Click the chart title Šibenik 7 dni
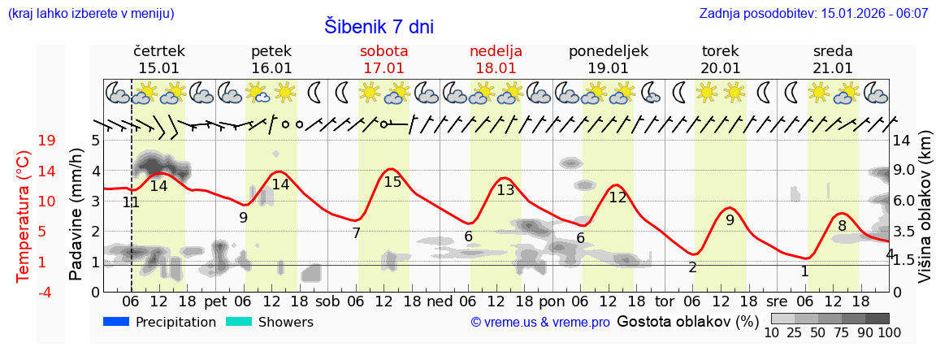coord(379,26)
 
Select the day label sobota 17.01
coord(383,59)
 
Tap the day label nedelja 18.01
coord(496,59)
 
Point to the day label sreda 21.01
coord(833,59)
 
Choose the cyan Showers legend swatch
coord(239,322)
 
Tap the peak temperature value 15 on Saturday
coord(392,182)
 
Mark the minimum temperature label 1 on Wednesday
coord(804,271)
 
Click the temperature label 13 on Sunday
coord(505,190)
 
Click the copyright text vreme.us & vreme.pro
coord(540,323)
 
